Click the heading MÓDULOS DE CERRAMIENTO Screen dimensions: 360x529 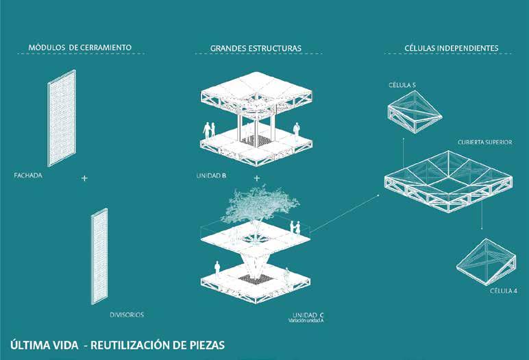[x=80, y=48]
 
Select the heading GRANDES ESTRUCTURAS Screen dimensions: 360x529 [x=256, y=49]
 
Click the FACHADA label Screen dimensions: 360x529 [x=29, y=176]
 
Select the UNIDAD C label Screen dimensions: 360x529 [x=304, y=314]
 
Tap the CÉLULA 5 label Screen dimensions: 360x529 [x=402, y=85]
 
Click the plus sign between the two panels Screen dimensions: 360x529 [x=84, y=178]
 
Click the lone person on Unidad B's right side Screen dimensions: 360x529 [x=297, y=130]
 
